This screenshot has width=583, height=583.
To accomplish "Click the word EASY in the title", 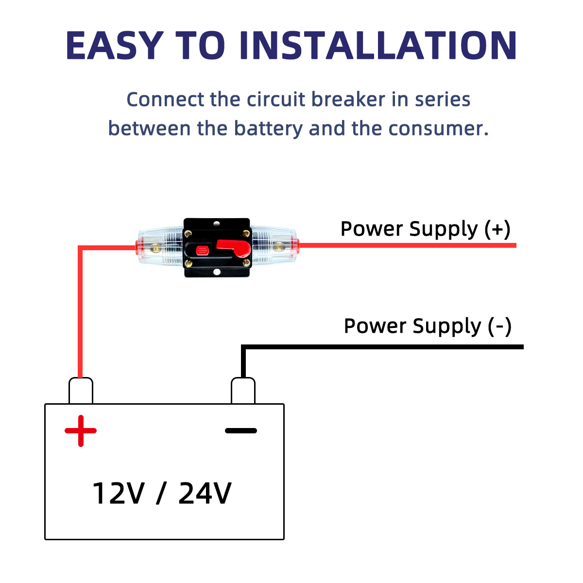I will [x=114, y=45].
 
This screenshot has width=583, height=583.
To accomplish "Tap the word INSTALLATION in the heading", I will [x=377, y=45].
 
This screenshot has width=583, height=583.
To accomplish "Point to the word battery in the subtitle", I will [x=269, y=129].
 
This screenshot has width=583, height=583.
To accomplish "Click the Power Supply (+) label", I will [x=425, y=229].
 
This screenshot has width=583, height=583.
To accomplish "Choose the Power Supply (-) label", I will [x=428, y=326].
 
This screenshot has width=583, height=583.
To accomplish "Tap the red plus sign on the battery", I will [x=81, y=430].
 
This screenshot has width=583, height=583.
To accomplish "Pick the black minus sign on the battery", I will [x=241, y=430].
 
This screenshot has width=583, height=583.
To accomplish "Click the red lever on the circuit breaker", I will [x=234, y=249].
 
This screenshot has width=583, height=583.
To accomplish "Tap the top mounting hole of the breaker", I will [x=217, y=224].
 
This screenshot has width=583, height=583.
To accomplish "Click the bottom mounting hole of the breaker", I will [x=217, y=272].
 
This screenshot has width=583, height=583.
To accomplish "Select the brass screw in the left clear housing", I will [x=155, y=248].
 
